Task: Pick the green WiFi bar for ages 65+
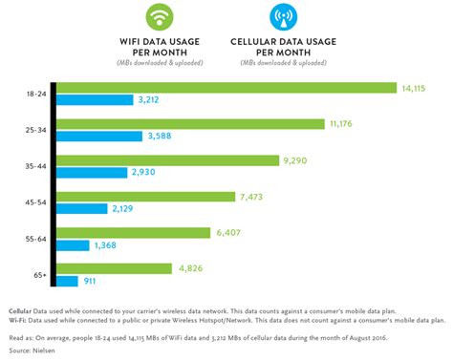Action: click(115, 268)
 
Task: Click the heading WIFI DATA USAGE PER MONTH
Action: click(162, 48)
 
